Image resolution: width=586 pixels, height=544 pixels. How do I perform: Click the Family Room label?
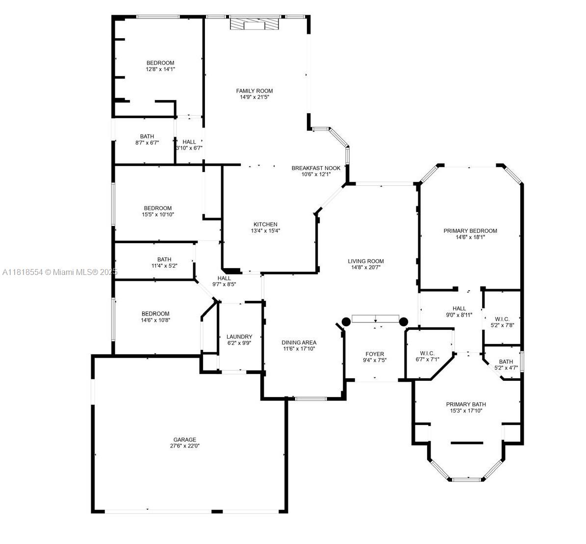tap(255, 91)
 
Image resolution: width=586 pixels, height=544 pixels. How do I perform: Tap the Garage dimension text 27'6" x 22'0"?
tap(184, 445)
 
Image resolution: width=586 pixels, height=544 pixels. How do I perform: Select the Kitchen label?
tap(265, 224)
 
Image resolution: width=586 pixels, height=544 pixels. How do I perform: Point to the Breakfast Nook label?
tap(316, 168)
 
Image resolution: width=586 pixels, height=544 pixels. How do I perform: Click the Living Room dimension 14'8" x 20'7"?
tap(366, 268)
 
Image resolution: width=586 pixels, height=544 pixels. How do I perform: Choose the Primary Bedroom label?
tap(470, 231)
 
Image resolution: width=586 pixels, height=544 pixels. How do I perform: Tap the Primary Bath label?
tap(466, 404)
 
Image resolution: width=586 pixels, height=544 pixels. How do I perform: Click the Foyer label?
tap(375, 354)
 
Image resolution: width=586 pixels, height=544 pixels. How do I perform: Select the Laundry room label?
tap(239, 337)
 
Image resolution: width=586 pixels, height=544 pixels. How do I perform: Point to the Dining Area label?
tap(299, 342)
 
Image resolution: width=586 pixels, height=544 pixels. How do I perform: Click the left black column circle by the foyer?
tap(346, 321)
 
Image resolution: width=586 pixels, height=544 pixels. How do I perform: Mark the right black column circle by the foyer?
tap(404, 321)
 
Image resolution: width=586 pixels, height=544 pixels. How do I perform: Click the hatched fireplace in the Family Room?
tap(255, 24)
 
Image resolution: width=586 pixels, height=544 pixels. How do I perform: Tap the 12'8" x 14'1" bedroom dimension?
tap(160, 69)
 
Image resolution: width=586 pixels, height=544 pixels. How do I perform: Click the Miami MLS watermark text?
tap(60, 272)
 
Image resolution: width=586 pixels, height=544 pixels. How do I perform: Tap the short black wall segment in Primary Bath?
tap(467, 443)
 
